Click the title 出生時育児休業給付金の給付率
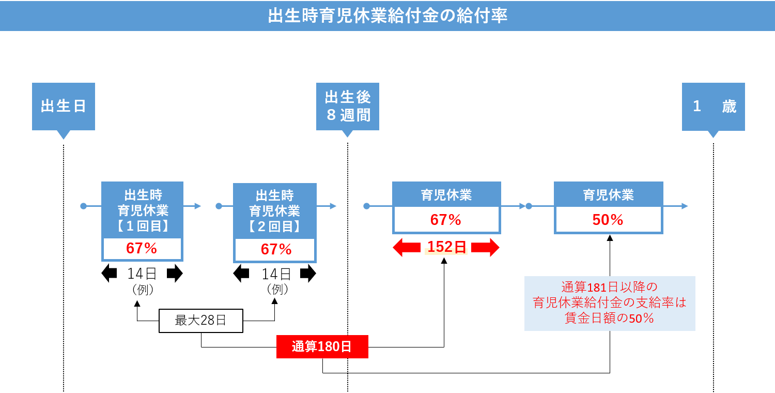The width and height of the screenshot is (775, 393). point(388,16)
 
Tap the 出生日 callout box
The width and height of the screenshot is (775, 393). point(64,106)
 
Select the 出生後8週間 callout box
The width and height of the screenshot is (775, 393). point(348,106)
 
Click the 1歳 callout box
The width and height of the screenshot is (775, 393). point(714,106)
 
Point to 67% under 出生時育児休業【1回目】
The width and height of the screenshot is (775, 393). point(142,249)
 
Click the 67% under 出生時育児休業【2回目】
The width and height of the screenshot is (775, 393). point(276,250)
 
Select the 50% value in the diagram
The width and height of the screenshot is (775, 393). point(608,220)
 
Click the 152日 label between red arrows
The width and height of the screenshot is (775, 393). point(446,248)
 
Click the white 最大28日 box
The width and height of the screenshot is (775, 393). point(200,321)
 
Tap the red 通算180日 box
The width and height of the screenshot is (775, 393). point(322,346)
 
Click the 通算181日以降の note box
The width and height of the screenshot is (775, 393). point(610,303)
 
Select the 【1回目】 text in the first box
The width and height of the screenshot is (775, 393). point(142,226)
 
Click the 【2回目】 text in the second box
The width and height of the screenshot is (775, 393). point(274,226)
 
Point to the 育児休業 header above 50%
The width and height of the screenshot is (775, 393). point(608,195)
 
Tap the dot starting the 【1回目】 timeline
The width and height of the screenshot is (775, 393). point(83,206)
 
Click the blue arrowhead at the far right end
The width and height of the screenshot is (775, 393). point(685,206)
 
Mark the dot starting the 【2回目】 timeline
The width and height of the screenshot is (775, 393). point(219,206)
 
